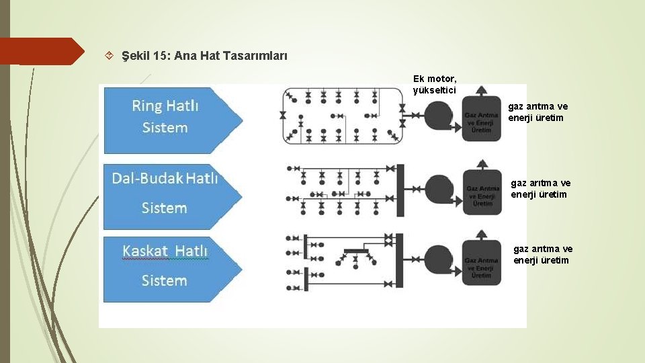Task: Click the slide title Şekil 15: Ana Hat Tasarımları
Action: coord(204,56)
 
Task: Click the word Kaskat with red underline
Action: coord(145,251)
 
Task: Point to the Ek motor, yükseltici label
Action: coord(435,84)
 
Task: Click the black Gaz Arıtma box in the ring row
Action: coord(482,120)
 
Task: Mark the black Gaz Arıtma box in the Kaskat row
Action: coord(482,267)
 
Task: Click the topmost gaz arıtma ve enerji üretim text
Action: coord(537,112)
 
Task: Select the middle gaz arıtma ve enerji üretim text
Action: coord(540,188)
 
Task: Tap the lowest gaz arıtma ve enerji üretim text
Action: coord(543,255)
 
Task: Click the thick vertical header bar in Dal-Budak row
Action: coord(400,190)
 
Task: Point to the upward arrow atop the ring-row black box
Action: coord(481,89)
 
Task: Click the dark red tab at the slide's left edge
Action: coord(40,51)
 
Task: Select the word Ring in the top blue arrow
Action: coord(146,106)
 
